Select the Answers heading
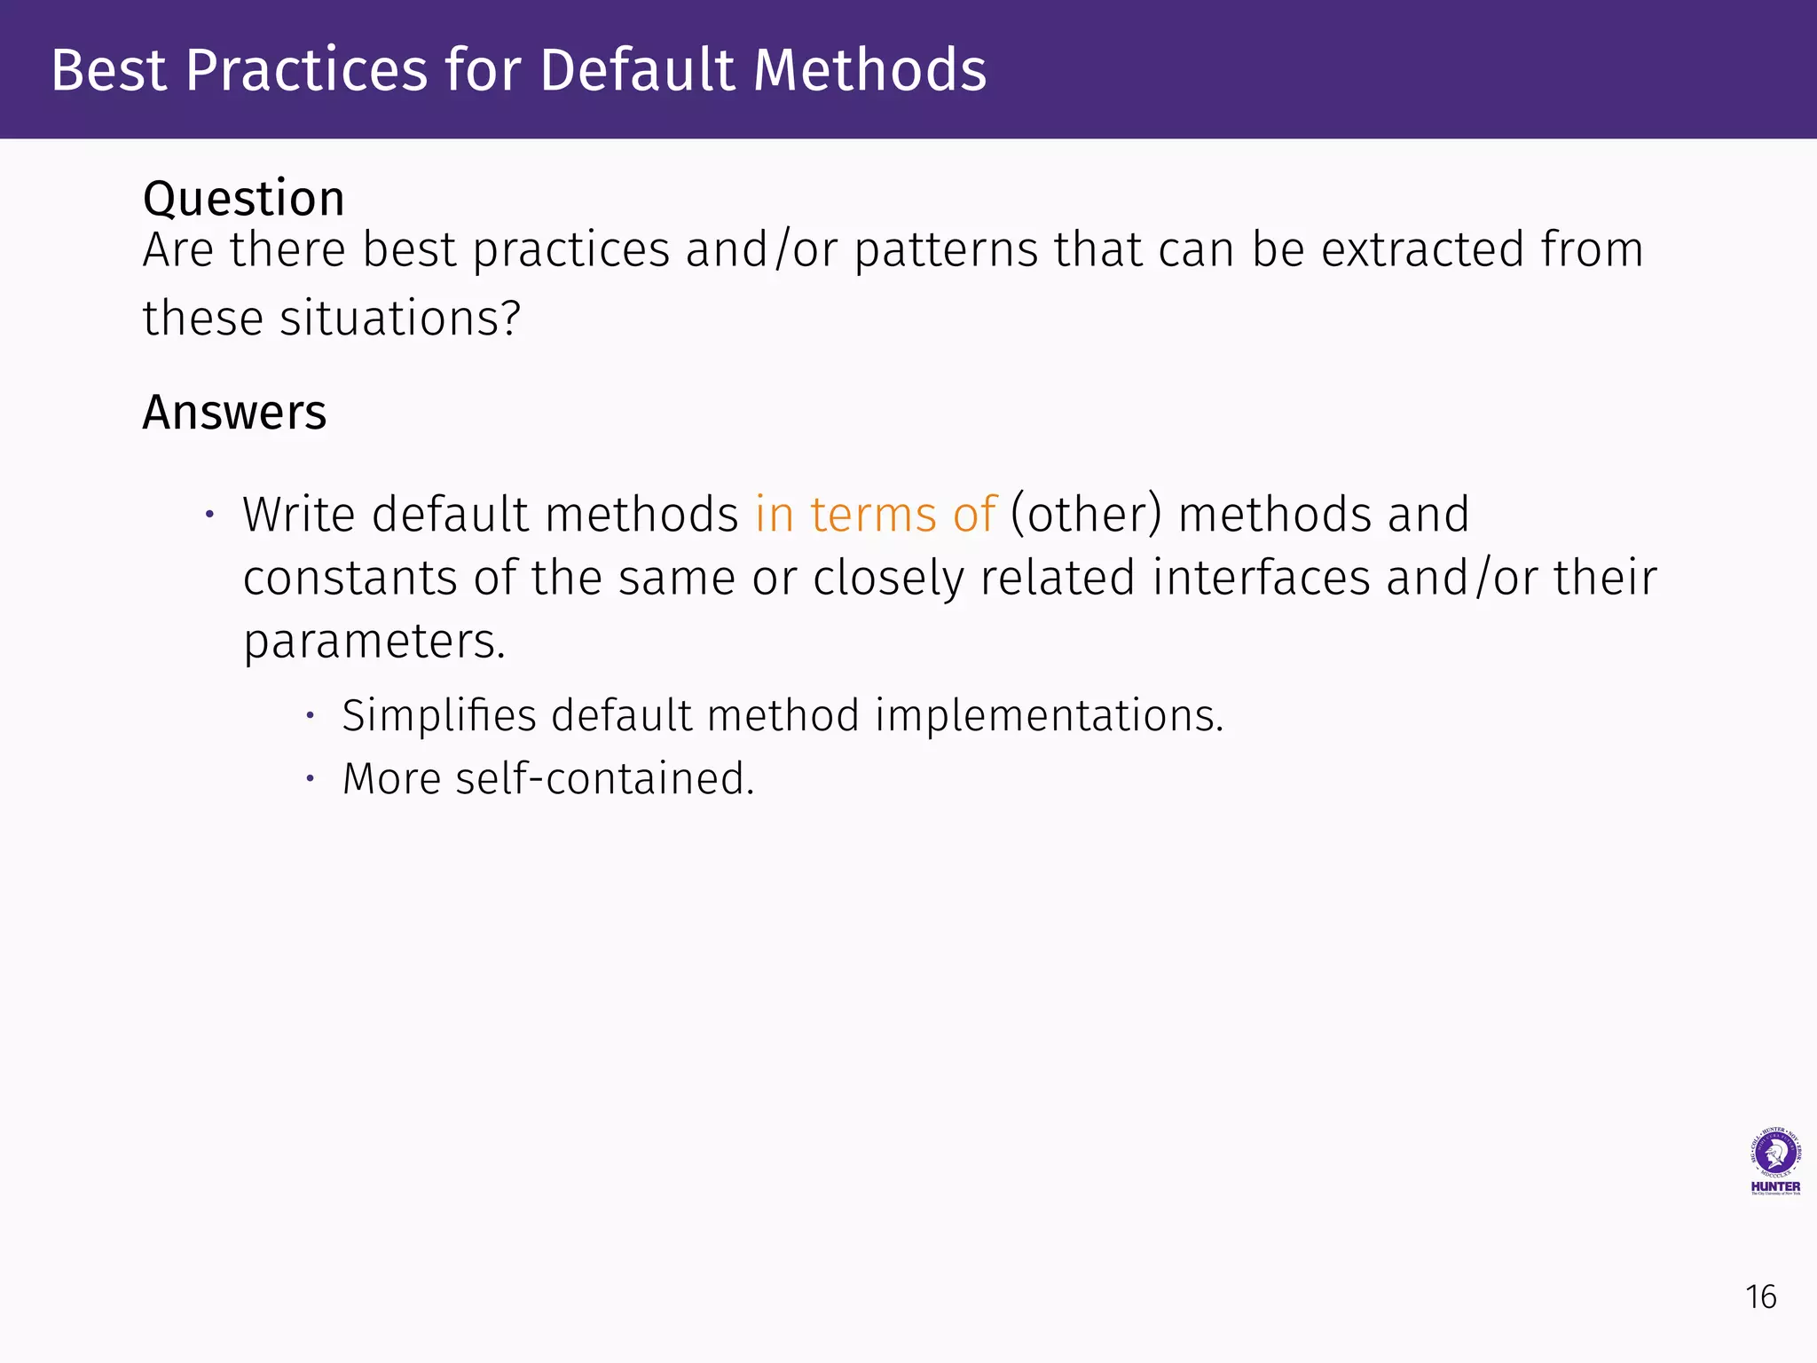pos(234,413)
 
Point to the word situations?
pos(400,319)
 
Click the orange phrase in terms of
pos(876,515)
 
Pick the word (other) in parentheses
pos(1086,515)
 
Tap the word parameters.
pos(374,642)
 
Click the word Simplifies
pos(438,715)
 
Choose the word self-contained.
pos(604,779)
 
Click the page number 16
pos(1760,1297)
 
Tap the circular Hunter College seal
pos(1774,1153)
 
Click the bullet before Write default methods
pos(210,515)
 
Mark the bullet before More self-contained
pos(310,779)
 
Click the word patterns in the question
pos(946,249)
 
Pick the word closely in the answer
pos(888,579)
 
